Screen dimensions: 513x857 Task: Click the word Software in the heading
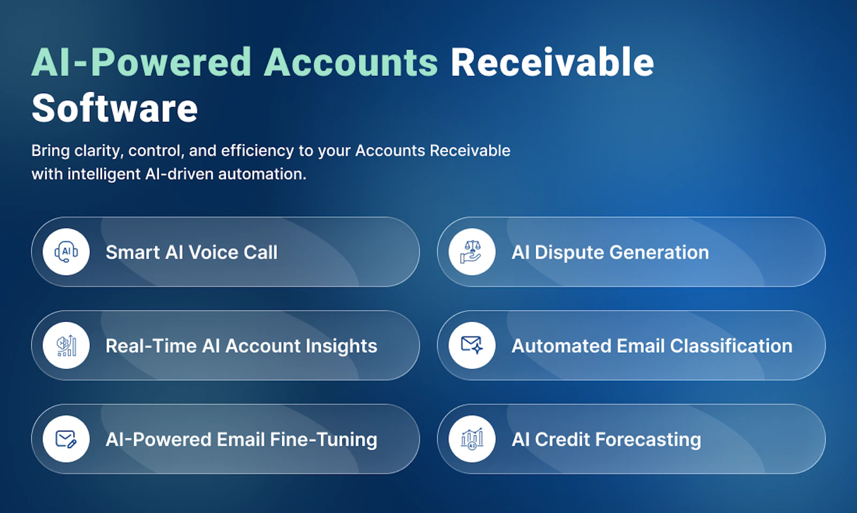pyautogui.click(x=115, y=108)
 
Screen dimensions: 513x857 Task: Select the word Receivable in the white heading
pyautogui.click(x=552, y=62)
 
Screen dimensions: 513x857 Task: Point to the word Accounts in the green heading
pyautogui.click(x=351, y=62)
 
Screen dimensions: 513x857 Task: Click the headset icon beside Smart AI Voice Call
pyautogui.click(x=66, y=252)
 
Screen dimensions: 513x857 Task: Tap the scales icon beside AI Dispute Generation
pyautogui.click(x=472, y=252)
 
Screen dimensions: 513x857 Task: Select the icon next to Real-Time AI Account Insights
pyautogui.click(x=66, y=346)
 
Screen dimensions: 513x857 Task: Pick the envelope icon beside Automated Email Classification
pyautogui.click(x=472, y=346)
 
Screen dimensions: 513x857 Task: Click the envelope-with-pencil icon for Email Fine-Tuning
pyautogui.click(x=66, y=439)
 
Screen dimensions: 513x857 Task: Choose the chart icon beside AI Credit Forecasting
pyautogui.click(x=472, y=439)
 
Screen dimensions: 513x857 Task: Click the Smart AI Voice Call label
pyautogui.click(x=191, y=252)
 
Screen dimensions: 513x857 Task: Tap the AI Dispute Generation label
pyautogui.click(x=610, y=252)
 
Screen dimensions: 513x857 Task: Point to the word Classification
pyautogui.click(x=731, y=346)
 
